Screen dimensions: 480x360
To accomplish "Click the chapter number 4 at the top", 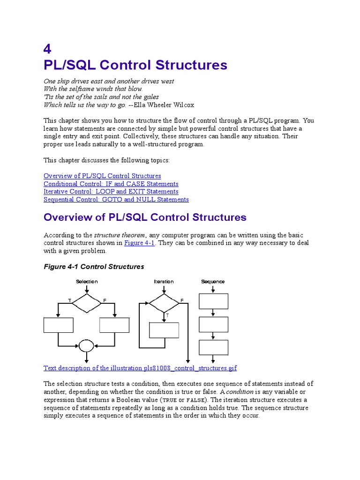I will point(47,48).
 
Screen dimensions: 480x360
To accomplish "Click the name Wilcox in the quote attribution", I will point(183,105).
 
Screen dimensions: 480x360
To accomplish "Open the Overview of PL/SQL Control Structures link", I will point(102,176).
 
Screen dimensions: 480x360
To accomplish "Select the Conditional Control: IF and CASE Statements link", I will point(111,184).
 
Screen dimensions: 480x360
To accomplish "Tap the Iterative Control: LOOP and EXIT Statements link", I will point(111,191).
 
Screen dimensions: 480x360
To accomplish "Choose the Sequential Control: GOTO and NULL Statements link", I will point(116,199).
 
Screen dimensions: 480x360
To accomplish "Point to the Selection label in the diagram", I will point(87,282).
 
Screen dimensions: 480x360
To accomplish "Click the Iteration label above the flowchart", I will point(164,282).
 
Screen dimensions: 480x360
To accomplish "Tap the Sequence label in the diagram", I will point(213,282).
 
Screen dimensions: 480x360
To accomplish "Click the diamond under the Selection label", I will point(87,303).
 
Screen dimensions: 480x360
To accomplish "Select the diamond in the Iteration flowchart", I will point(164,303).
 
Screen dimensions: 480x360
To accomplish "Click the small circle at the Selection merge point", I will point(87,346).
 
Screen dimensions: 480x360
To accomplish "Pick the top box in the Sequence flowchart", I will point(213,301).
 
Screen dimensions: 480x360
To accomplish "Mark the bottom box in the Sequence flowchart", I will point(213,347).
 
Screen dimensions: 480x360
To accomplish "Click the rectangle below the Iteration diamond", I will point(164,330).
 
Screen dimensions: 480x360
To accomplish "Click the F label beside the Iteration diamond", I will point(181,300).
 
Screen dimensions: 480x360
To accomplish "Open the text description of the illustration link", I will point(140,368).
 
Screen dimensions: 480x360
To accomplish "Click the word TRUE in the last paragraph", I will point(170,400).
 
